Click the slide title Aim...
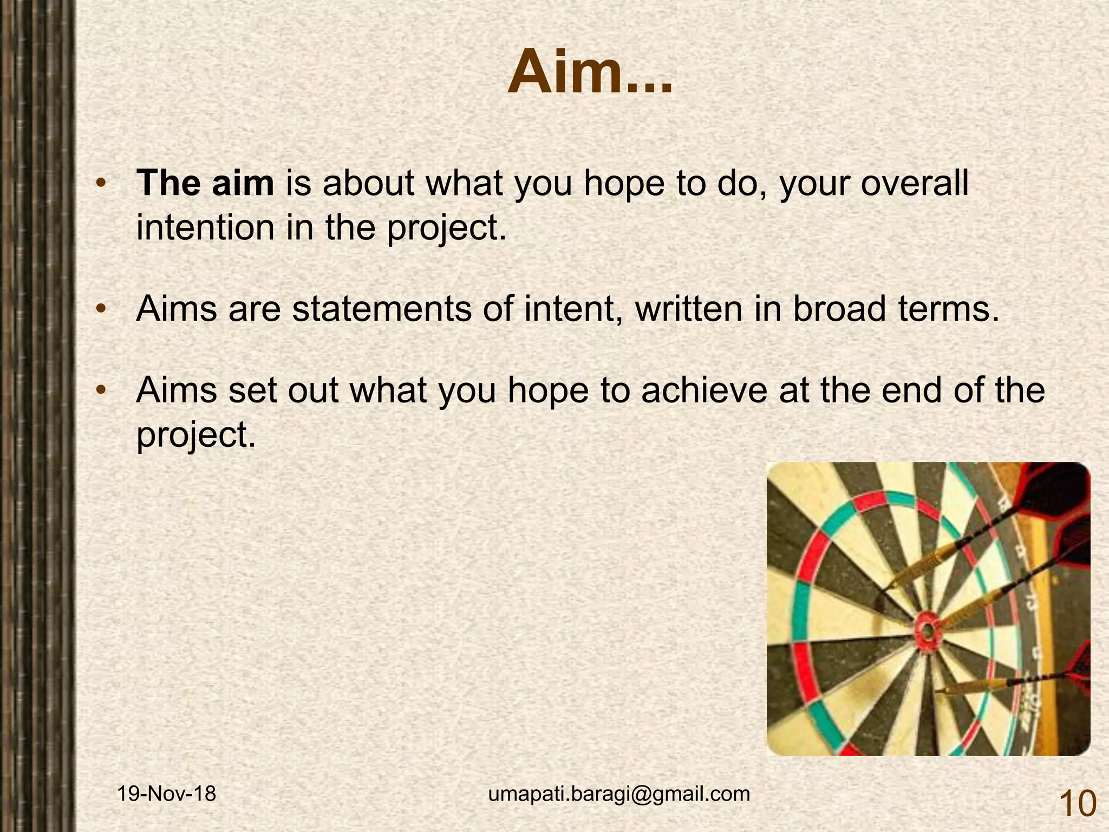click(x=590, y=73)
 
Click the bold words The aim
click(x=205, y=183)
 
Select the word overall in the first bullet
click(x=915, y=183)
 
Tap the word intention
click(x=205, y=227)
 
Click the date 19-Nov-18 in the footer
click(x=167, y=794)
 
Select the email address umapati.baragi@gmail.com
click(x=619, y=794)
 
